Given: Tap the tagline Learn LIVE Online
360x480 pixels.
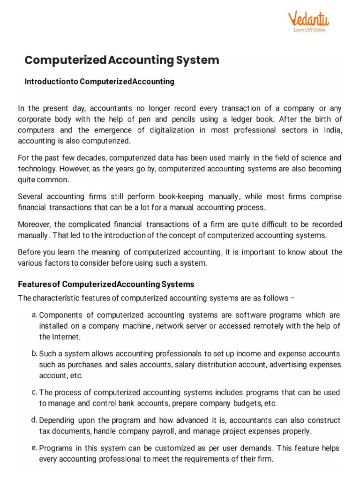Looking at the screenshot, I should click(x=309, y=30).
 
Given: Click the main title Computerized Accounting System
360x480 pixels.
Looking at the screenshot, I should click(x=121, y=60).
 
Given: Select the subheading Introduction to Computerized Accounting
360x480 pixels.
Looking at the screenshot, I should click(x=99, y=82).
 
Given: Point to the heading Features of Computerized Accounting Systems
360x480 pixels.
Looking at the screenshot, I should click(x=106, y=284).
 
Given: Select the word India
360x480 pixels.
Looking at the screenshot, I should click(x=332, y=130).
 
